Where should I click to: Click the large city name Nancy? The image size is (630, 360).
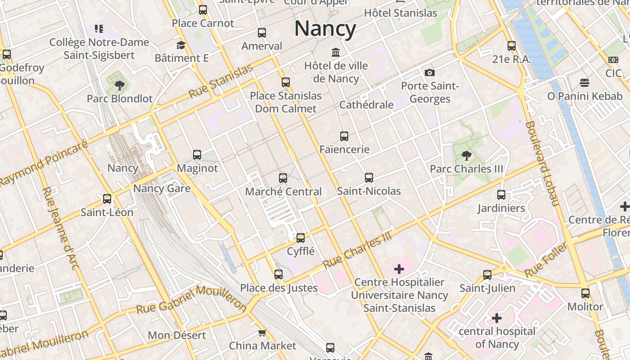click(x=325, y=29)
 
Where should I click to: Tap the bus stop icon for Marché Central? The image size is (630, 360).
click(x=283, y=178)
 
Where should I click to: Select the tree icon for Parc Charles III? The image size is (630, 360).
click(x=467, y=156)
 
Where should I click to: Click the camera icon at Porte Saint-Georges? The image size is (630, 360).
click(x=430, y=72)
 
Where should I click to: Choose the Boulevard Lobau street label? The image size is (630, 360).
click(x=542, y=163)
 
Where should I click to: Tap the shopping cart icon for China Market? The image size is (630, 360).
click(x=262, y=333)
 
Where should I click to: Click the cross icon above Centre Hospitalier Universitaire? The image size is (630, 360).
click(x=399, y=270)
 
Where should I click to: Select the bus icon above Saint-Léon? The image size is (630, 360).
click(x=107, y=199)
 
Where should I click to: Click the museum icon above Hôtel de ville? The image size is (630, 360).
click(x=336, y=52)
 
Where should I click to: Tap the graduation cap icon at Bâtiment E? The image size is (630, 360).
click(x=181, y=45)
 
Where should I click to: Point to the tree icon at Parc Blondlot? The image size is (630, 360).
click(x=120, y=85)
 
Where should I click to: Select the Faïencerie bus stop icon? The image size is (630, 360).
click(x=344, y=136)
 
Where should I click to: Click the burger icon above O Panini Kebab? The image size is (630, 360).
click(x=585, y=83)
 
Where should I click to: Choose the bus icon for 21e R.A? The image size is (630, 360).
click(x=512, y=46)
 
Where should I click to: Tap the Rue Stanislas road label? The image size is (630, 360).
click(x=220, y=82)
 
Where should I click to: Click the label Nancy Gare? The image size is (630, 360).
click(x=162, y=188)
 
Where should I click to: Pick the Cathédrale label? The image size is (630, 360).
click(x=366, y=105)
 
